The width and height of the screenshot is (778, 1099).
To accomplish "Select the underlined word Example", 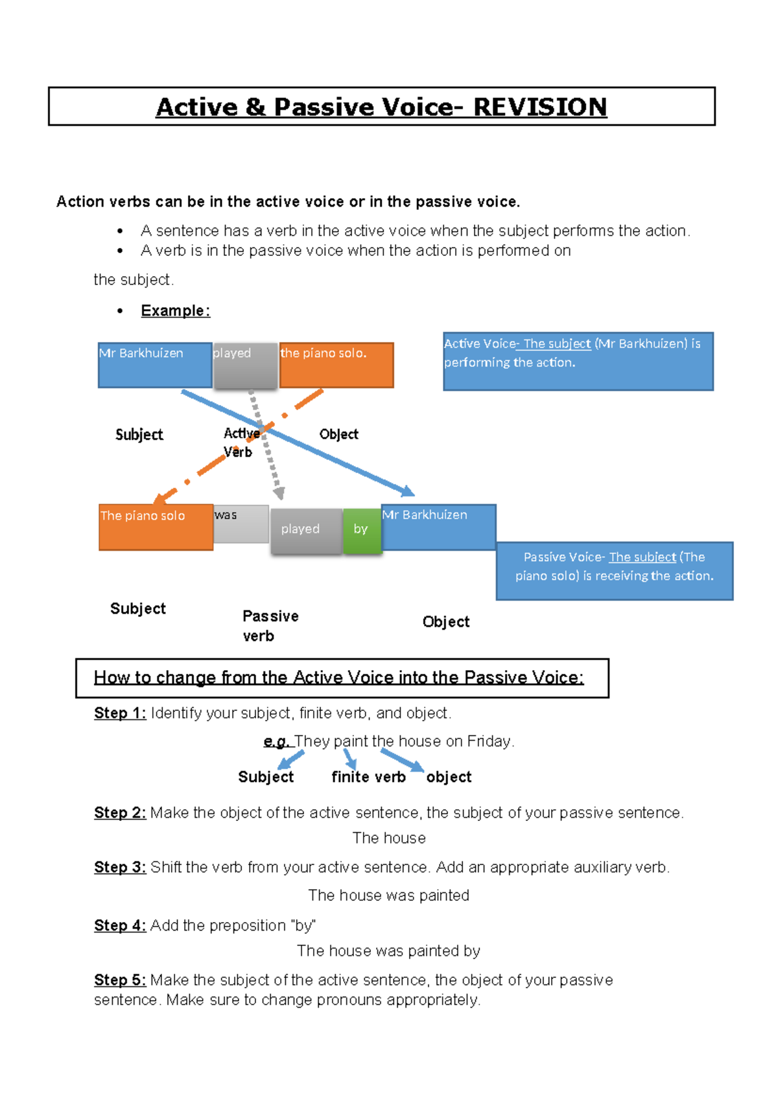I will pyautogui.click(x=174, y=311).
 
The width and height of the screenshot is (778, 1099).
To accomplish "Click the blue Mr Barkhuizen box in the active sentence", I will pyautogui.click(x=155, y=365).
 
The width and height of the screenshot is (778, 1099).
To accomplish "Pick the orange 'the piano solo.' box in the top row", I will pyautogui.click(x=336, y=365).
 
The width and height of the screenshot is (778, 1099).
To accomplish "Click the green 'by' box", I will pyautogui.click(x=362, y=531).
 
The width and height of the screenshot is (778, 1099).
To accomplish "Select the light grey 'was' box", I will pyautogui.click(x=241, y=524).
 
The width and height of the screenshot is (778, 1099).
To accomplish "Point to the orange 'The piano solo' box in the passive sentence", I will pyautogui.click(x=156, y=527).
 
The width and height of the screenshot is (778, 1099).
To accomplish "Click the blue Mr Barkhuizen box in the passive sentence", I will pyautogui.click(x=438, y=527).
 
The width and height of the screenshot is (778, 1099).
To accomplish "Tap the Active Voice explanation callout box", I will pyautogui.click(x=578, y=362).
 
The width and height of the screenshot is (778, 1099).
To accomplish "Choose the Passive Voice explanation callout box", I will pyautogui.click(x=614, y=571).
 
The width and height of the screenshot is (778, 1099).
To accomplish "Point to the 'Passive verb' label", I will pyautogui.click(x=270, y=625).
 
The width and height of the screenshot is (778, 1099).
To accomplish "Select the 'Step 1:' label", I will pyautogui.click(x=120, y=713).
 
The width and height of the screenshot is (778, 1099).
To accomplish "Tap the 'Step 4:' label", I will pyautogui.click(x=120, y=925).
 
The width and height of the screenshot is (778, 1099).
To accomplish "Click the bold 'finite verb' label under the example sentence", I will pyautogui.click(x=368, y=777).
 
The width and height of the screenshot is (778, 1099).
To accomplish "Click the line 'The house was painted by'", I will pyautogui.click(x=388, y=951).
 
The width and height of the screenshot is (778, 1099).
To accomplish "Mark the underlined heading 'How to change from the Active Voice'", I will pyautogui.click(x=338, y=678).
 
